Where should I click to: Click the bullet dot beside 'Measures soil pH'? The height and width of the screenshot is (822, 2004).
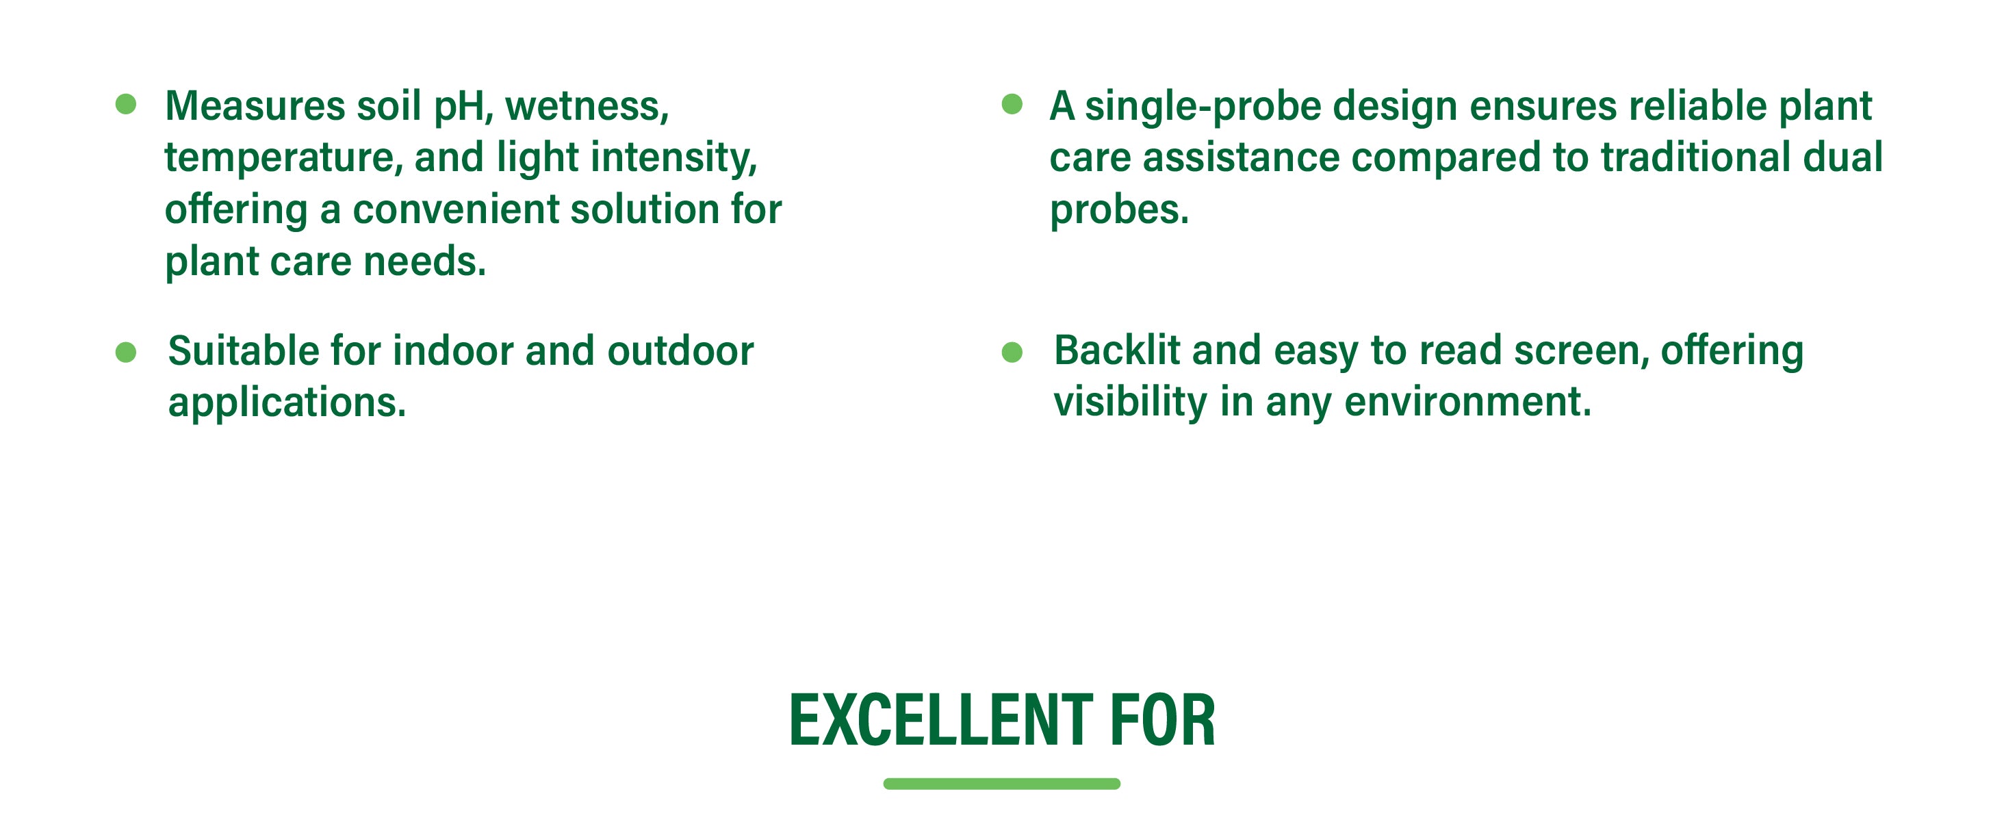(x=126, y=104)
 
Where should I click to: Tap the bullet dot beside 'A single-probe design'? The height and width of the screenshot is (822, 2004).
(x=1012, y=104)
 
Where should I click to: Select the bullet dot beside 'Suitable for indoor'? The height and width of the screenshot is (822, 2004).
(x=126, y=353)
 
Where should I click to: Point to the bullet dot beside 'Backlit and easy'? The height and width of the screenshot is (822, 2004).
(x=1012, y=353)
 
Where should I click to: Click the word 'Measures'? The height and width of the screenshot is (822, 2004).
(x=255, y=106)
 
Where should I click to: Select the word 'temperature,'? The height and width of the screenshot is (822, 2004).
(x=284, y=159)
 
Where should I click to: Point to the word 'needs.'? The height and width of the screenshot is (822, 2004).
(x=425, y=262)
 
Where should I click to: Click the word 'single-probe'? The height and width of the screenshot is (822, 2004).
(x=1203, y=108)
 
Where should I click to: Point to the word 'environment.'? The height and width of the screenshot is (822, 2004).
(x=1468, y=403)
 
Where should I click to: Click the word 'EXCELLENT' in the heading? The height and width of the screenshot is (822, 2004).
(x=941, y=721)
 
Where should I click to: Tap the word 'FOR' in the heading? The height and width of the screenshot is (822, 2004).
(x=1162, y=721)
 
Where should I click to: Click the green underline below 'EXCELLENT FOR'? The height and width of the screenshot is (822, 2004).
(x=1002, y=784)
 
